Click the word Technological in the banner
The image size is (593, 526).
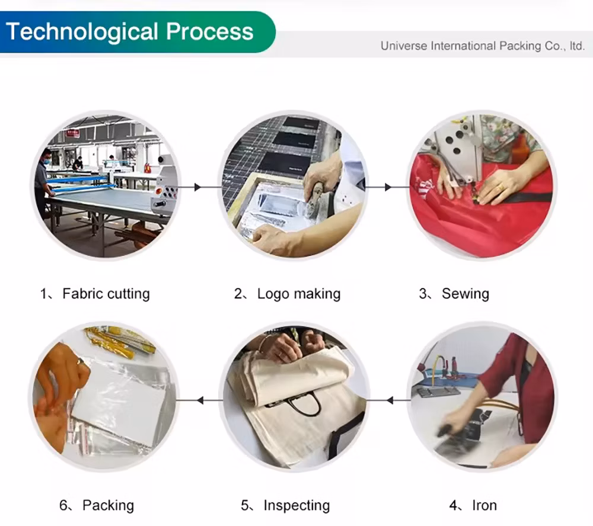(82, 32)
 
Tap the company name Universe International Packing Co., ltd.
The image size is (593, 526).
(483, 46)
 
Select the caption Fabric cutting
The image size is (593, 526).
(106, 294)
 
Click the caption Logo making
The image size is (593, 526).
(299, 294)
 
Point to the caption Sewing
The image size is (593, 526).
(465, 294)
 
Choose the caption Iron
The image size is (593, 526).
(484, 505)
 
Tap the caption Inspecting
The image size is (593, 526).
(296, 506)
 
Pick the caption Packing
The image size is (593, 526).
(108, 506)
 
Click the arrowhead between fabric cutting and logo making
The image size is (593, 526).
(197, 187)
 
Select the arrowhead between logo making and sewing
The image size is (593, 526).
(388, 187)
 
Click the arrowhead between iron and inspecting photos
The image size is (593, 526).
(390, 400)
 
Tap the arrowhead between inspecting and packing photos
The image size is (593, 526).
(200, 400)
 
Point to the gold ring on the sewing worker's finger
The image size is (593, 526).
(500, 188)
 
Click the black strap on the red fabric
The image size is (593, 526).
(521, 198)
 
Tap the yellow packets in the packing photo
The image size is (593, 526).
(121, 342)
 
